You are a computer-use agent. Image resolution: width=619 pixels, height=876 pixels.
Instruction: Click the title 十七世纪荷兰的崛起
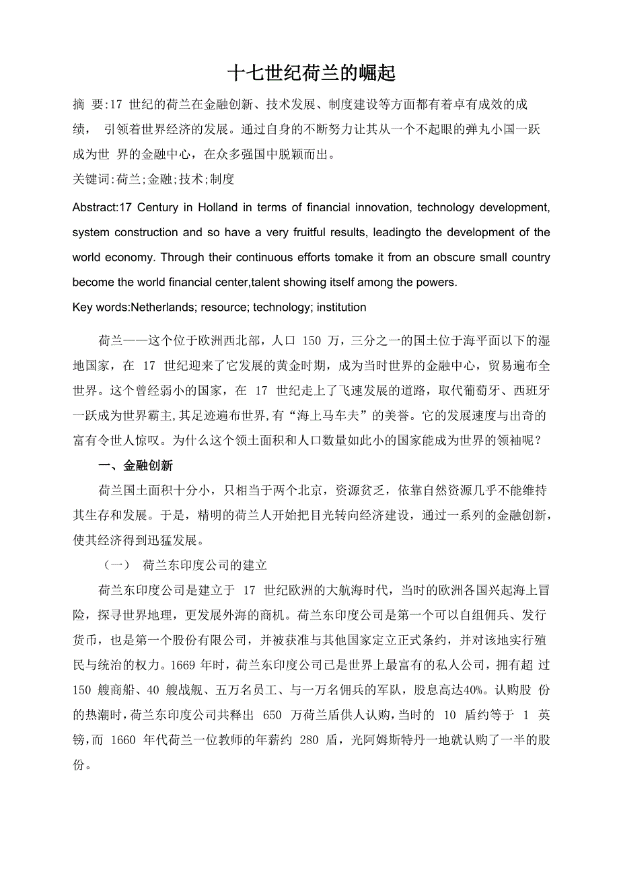(310, 73)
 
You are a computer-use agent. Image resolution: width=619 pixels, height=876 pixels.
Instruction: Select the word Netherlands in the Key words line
(162, 307)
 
